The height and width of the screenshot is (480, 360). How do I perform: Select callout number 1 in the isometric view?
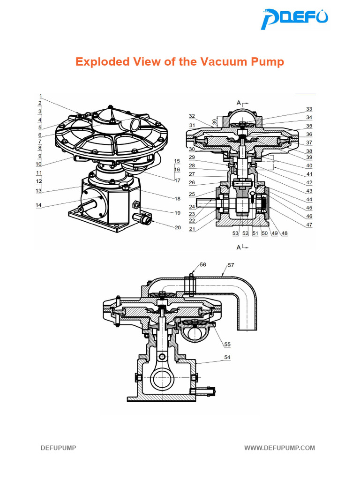click(x=40, y=96)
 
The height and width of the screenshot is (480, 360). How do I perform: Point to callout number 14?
click(x=39, y=205)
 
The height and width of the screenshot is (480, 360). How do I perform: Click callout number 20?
click(x=178, y=227)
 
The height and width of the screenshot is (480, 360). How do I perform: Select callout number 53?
click(x=235, y=233)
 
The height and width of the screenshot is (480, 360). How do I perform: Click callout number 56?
click(x=202, y=265)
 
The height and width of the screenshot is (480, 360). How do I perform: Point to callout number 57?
click(x=231, y=265)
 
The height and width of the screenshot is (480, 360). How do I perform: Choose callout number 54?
click(x=227, y=358)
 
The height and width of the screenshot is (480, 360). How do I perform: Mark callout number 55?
click(x=227, y=345)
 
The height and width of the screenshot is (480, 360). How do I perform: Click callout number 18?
click(x=178, y=199)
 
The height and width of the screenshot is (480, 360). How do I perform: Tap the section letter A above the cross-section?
click(x=239, y=102)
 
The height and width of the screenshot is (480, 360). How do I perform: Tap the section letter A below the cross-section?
click(x=239, y=247)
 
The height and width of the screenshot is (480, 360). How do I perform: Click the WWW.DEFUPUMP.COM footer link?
click(x=279, y=448)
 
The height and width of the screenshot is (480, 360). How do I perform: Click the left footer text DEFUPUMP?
click(x=58, y=448)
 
